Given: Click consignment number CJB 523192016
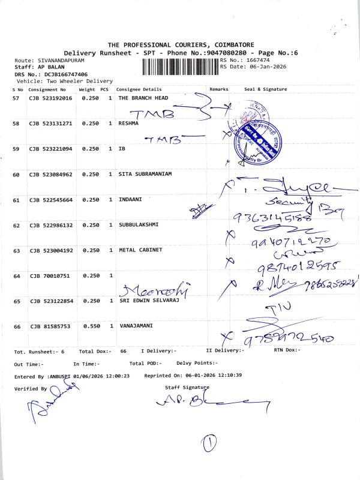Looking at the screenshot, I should pos(50,98).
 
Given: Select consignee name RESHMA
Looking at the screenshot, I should pos(128,123).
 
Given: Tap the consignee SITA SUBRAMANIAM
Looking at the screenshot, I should pos(145,174).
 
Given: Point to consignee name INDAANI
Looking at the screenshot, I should pos(130,199).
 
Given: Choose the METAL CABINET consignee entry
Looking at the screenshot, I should pos(140,250).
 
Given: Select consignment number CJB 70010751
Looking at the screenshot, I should pos(46,275).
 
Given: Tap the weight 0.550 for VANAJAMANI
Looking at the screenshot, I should pos(90,326).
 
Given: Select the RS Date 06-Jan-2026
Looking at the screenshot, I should pos(265,67).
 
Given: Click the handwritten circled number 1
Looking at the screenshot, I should pos(209,443).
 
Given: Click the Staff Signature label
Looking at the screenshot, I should pos(187,388).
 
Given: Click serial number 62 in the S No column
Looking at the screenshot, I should pos(16,226).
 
